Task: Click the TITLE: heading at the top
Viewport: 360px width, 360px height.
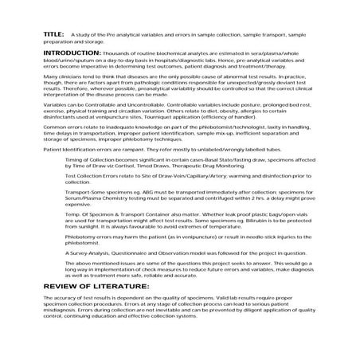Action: pos(54,35)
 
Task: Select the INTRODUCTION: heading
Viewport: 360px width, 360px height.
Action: pos(75,50)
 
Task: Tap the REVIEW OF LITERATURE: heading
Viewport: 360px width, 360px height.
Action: pos(85,284)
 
